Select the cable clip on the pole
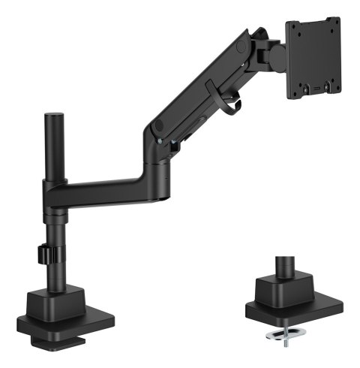44,254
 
